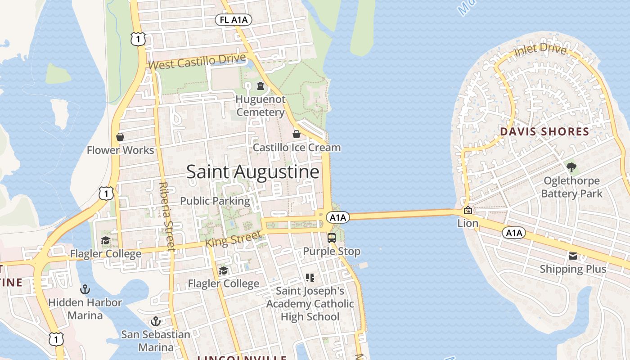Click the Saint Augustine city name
click(x=253, y=172)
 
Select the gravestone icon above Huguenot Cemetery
click(x=260, y=86)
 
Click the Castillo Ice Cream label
click(x=297, y=148)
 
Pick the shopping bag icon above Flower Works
click(x=120, y=137)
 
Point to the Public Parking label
click(x=215, y=201)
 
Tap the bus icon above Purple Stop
click(x=332, y=238)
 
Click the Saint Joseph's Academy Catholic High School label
click(x=310, y=304)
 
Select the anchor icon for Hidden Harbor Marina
click(x=85, y=289)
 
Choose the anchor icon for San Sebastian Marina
click(x=155, y=321)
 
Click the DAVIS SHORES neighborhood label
click(x=544, y=132)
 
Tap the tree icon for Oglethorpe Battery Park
click(x=571, y=168)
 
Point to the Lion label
click(x=468, y=223)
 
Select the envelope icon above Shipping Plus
click(x=573, y=256)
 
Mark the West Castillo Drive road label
click(x=197, y=62)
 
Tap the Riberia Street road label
click(x=166, y=216)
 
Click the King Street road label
click(x=233, y=238)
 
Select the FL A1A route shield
click(x=233, y=20)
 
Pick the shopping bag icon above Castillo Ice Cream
click(x=297, y=134)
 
